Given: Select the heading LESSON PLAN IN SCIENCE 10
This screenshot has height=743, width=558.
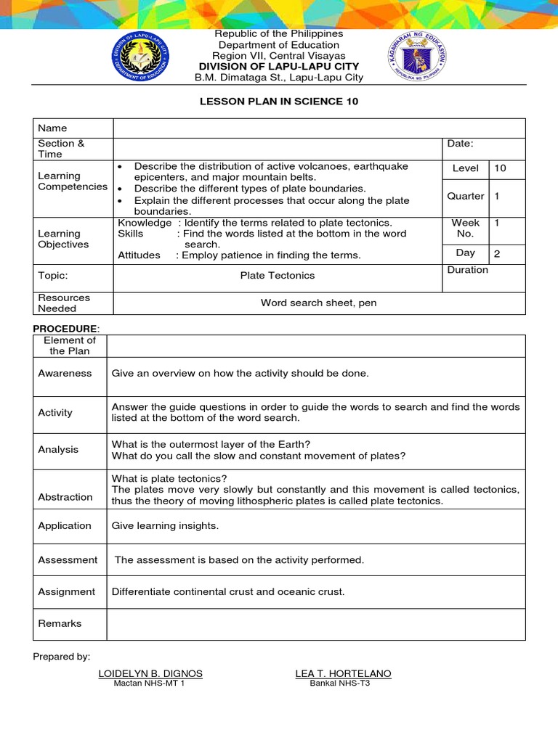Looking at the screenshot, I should [x=279, y=102].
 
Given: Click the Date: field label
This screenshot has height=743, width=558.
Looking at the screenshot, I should [x=461, y=144].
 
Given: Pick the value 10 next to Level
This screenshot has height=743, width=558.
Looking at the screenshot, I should [x=500, y=168].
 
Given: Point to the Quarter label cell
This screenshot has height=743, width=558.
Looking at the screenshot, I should [x=466, y=196].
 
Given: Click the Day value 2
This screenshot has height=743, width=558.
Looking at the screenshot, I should [x=497, y=253].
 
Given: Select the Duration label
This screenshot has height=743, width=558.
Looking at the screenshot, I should [x=468, y=270].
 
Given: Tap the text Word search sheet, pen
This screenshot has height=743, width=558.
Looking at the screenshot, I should [x=318, y=303].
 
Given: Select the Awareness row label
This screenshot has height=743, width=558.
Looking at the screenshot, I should [x=65, y=374].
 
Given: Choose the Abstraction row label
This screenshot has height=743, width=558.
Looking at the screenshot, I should [x=65, y=497].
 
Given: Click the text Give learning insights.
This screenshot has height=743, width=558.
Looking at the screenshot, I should [x=164, y=526].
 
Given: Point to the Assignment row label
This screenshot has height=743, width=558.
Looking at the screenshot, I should [x=66, y=592].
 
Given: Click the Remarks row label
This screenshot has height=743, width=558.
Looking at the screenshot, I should [x=60, y=624].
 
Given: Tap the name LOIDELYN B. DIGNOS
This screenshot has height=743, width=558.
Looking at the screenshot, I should [x=150, y=674].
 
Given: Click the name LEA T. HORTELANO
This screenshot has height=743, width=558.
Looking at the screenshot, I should [x=343, y=674].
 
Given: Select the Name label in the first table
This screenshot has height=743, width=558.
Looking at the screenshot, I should [x=52, y=128].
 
